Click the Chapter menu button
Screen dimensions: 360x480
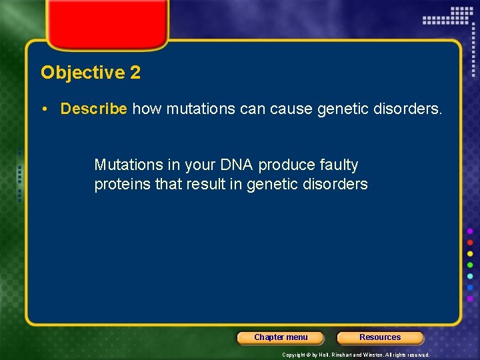(x=281, y=337)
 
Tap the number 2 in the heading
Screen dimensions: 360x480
(x=135, y=73)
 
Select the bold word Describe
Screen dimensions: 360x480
(x=93, y=109)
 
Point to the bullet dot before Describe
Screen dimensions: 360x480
(x=51, y=109)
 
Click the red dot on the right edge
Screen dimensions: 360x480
(x=470, y=242)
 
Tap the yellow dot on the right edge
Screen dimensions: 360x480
(x=470, y=254)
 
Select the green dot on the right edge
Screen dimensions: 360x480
(x=470, y=265)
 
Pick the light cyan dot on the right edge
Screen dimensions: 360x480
(x=470, y=277)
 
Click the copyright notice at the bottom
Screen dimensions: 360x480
(x=355, y=355)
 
